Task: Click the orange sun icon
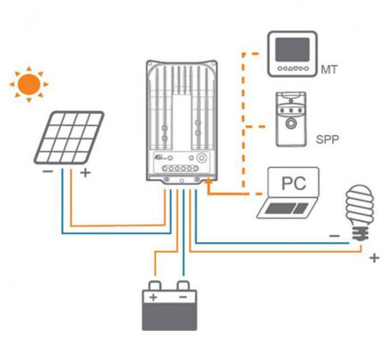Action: (29, 84)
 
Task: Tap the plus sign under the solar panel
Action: (86, 173)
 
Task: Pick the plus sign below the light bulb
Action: (372, 256)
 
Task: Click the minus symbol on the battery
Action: (183, 298)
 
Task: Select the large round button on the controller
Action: (199, 159)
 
